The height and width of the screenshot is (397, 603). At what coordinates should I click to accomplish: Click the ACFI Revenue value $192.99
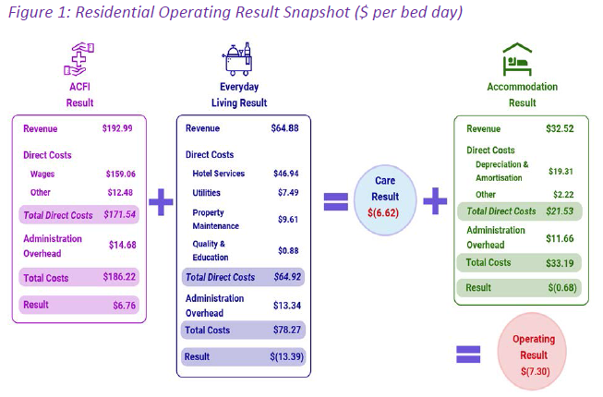117,128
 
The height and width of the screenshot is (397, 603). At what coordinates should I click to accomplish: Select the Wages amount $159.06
121,174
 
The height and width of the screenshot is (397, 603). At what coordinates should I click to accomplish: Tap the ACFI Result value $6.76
125,306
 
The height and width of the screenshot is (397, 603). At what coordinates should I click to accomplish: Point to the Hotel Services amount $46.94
286,174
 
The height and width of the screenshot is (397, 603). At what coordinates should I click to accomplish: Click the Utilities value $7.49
288,193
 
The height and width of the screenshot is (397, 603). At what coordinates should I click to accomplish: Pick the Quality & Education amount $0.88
288,251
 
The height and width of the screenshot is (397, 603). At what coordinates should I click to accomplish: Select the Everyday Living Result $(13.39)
287,356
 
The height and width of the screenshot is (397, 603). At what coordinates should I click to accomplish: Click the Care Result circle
385,199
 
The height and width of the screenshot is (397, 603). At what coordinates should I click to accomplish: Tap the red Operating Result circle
532,351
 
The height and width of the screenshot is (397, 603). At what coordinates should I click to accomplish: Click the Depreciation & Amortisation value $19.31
561,172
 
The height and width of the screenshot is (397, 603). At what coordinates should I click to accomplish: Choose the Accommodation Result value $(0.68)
562,288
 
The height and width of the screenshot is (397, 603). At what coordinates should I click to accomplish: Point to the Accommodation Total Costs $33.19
560,263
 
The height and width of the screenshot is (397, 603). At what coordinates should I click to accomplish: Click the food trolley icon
237,59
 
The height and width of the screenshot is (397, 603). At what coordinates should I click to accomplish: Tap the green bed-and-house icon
518,59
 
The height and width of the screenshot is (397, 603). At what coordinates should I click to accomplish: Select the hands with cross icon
79,59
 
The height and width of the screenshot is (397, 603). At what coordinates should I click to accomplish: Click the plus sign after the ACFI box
161,202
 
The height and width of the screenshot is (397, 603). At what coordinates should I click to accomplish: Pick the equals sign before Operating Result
468,355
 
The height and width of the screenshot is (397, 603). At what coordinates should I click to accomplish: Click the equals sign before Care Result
336,202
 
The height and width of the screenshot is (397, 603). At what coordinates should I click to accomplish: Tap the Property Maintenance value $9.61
288,220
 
